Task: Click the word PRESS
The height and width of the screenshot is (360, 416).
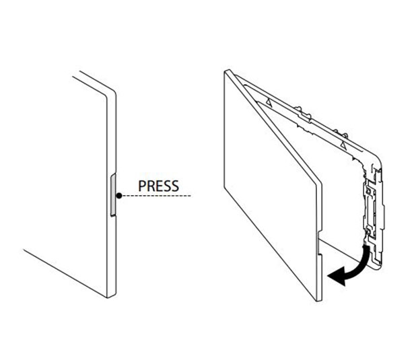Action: coord(158,185)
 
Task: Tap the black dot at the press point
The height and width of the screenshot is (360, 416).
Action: coord(118,196)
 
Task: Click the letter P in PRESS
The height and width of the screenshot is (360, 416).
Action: coord(141,185)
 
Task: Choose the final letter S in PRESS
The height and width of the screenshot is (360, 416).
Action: coord(175,185)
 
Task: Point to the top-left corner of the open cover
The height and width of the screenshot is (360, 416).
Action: coord(226,70)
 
